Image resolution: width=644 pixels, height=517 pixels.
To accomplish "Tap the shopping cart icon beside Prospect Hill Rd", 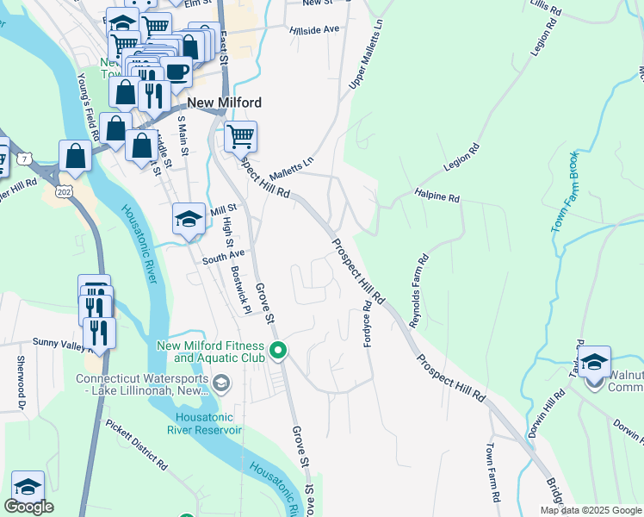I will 241,136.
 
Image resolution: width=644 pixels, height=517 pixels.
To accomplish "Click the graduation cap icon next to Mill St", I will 189,219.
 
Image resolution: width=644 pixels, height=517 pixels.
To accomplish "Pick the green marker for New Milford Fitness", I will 277,351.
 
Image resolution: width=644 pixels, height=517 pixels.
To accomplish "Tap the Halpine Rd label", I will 437,197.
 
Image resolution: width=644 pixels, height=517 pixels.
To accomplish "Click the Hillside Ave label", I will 316,29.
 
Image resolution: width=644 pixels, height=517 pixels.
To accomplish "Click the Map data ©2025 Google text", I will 590,510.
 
